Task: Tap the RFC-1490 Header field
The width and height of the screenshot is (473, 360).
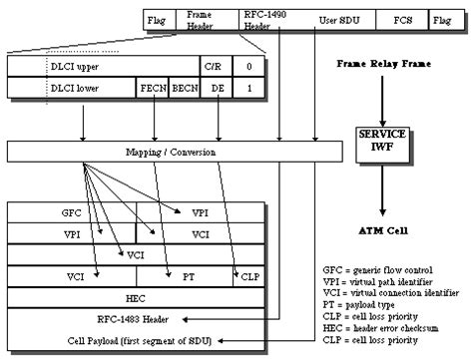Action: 260,18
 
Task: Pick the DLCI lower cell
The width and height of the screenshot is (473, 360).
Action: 90,88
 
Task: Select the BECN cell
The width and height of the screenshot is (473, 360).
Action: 185,88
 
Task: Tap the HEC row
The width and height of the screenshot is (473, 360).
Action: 136,298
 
